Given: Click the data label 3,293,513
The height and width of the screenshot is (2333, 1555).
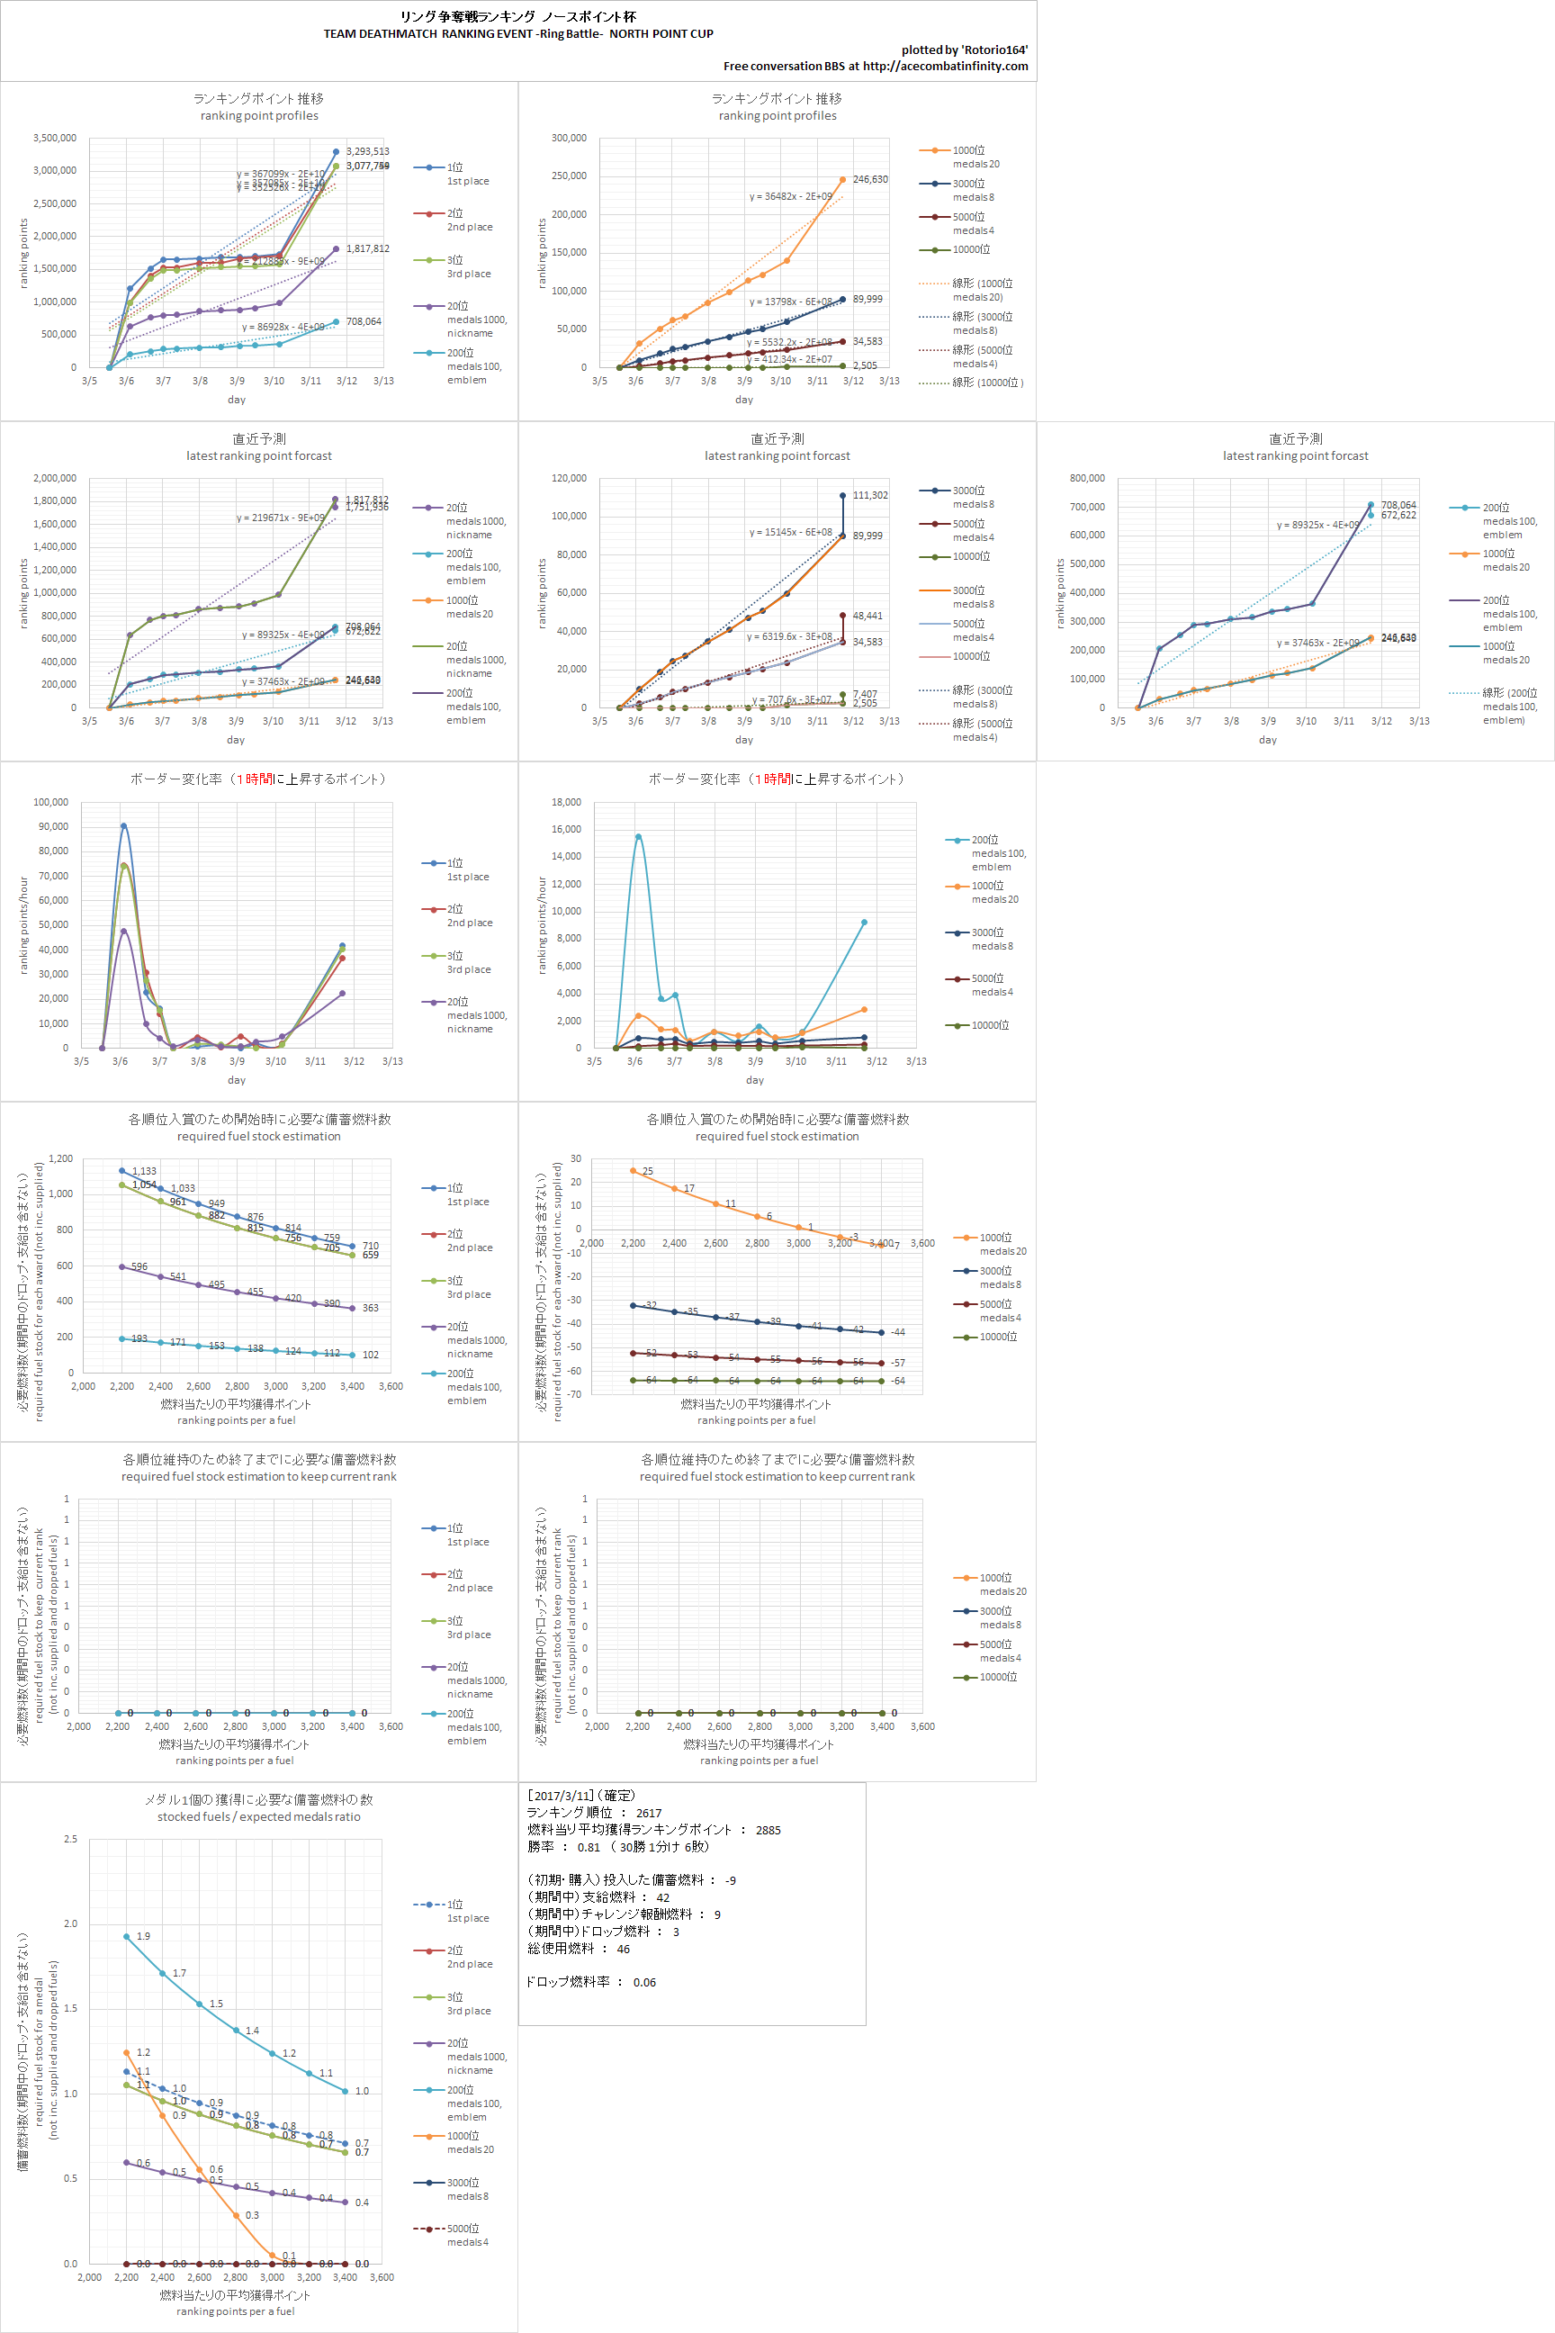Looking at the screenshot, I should (x=367, y=152).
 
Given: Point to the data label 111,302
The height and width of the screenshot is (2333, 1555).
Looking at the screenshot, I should (x=869, y=495).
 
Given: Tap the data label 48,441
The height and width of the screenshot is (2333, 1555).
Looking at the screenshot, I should (x=867, y=616).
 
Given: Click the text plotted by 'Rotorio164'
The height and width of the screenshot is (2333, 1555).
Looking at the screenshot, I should (x=964, y=50).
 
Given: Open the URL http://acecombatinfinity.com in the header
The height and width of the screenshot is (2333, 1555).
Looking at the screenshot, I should (x=945, y=67).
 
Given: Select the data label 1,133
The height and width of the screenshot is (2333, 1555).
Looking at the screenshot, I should (x=144, y=1170).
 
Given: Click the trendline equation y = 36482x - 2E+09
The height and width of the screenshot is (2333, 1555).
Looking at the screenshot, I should (x=790, y=196).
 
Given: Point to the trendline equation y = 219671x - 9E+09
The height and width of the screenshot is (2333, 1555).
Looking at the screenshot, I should (x=281, y=518).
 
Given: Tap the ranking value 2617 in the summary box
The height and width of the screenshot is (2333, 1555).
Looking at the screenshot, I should (x=649, y=1812).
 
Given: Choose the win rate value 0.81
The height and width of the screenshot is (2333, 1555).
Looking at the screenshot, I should (x=589, y=1847).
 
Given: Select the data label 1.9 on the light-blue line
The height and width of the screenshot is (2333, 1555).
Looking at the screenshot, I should (x=144, y=1935).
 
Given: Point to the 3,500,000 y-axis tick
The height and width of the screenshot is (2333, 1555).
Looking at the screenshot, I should (x=55, y=138).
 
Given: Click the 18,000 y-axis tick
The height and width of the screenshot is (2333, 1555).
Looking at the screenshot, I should (x=566, y=801).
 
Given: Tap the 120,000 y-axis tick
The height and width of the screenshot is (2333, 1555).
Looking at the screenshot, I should (x=570, y=478).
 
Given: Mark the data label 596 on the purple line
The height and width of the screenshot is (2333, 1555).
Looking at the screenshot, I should (x=139, y=1266).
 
